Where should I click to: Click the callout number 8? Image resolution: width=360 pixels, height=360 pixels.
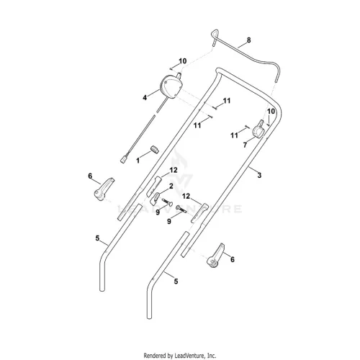pyautogui.click(x=248, y=40)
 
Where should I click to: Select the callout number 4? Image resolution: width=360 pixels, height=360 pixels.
pyautogui.click(x=145, y=98)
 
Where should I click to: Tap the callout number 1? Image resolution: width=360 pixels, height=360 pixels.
pyautogui.click(x=138, y=161)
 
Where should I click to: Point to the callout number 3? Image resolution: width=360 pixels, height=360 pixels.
pyautogui.click(x=259, y=175)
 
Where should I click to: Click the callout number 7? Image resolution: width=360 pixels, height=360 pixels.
pyautogui.click(x=245, y=145)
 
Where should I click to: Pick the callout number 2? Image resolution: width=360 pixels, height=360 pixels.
pyautogui.click(x=171, y=186)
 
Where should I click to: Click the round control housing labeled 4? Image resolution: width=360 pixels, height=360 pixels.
pyautogui.click(x=171, y=86)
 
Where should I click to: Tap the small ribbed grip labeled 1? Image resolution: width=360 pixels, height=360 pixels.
pyautogui.click(x=155, y=149)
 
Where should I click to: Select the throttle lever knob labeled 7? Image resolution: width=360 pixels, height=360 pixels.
pyautogui.click(x=258, y=130)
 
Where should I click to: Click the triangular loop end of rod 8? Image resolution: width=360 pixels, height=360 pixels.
pyautogui.click(x=215, y=34)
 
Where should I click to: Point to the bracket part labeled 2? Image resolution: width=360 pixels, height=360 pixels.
pyautogui.click(x=155, y=198)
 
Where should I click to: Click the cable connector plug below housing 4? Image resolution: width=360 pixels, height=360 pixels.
pyautogui.click(x=124, y=160)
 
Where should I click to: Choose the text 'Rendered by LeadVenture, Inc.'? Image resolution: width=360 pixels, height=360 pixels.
pyautogui.click(x=180, y=355)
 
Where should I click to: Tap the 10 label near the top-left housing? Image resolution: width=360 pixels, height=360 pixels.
pyautogui.click(x=182, y=61)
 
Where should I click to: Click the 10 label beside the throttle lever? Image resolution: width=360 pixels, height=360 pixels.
pyautogui.click(x=271, y=112)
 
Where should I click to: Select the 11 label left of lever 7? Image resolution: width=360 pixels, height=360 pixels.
pyautogui.click(x=234, y=135)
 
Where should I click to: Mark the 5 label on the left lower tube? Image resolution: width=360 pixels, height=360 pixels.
pyautogui.click(x=97, y=238)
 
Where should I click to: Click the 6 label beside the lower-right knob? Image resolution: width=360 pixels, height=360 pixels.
pyautogui.click(x=233, y=259)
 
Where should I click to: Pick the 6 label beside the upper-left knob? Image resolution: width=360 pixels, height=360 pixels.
pyautogui.click(x=90, y=176)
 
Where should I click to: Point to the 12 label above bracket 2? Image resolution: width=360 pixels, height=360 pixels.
pyautogui.click(x=174, y=170)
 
